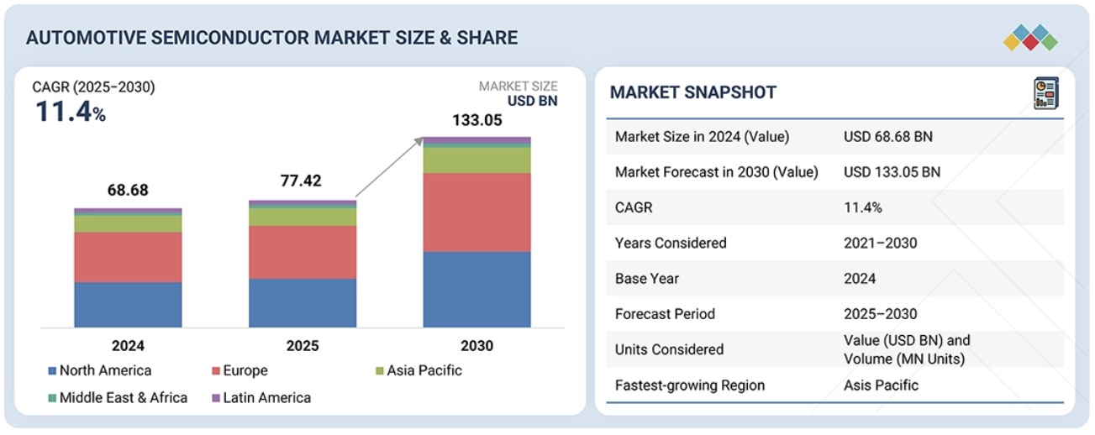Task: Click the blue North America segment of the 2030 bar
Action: tap(476, 289)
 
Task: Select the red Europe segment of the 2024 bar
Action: tap(128, 257)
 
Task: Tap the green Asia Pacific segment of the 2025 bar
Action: tap(303, 217)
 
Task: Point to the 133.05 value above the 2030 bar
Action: tap(476, 121)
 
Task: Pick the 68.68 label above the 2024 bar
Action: tap(128, 191)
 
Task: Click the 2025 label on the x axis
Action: tap(303, 345)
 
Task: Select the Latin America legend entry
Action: tap(261, 397)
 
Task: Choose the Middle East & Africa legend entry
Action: tap(118, 397)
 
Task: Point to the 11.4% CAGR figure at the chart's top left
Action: tap(70, 112)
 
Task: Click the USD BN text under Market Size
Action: tap(532, 102)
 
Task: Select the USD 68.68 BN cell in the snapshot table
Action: tap(888, 137)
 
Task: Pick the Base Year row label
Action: tap(647, 279)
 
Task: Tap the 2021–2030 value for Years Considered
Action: tap(880, 244)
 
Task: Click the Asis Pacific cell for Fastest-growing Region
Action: tap(881, 385)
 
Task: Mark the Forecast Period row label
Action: tap(665, 314)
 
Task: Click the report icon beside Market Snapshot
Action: tap(1045, 92)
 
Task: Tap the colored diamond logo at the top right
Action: tap(1030, 38)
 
